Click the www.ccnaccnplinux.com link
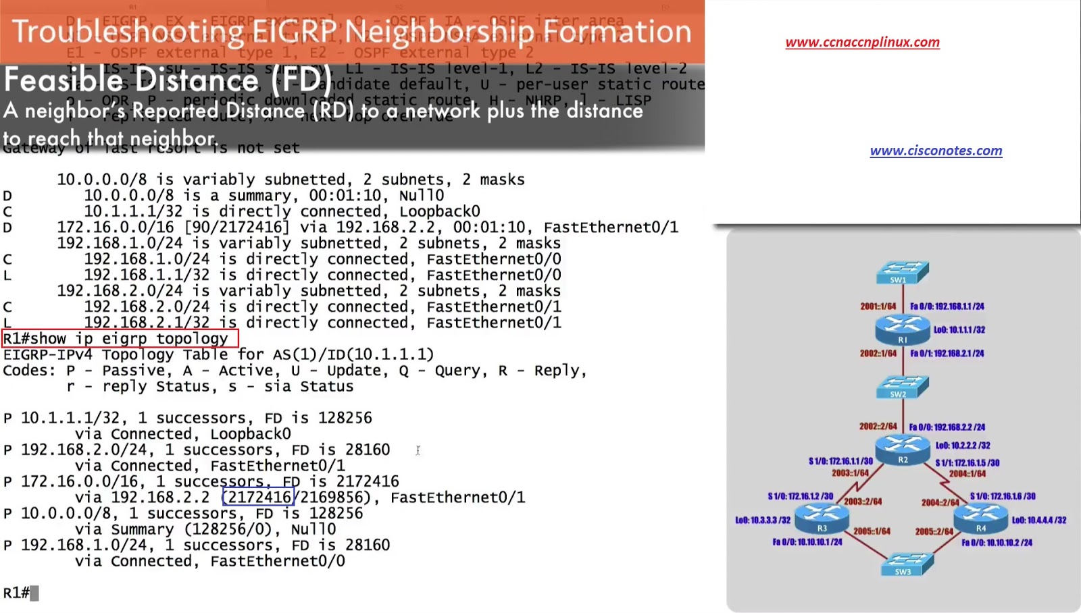coord(862,42)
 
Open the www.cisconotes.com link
coord(936,151)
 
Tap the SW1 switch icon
coord(902,273)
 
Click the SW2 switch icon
coord(902,387)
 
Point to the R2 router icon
coord(902,450)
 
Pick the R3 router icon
coord(822,518)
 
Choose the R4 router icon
coord(980,518)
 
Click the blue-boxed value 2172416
coord(258,498)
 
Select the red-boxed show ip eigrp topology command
coord(120,338)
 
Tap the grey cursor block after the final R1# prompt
coord(34,593)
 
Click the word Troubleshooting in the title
coord(128,32)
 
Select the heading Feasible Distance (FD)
coord(168,80)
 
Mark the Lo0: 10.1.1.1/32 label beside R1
coord(959,330)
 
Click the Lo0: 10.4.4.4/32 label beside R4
coord(1038,520)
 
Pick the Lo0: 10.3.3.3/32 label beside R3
coord(763,520)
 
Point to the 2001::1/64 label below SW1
coord(878,306)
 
